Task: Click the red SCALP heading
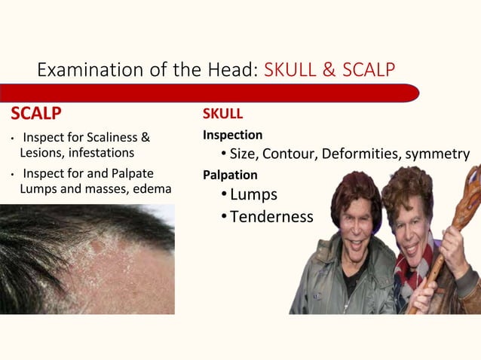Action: [x=35, y=114]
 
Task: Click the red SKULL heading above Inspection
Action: [x=222, y=114]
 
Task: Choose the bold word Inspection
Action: [x=232, y=136]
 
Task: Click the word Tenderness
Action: [x=271, y=217]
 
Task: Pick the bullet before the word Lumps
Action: [x=224, y=195]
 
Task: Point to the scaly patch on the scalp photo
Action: [x=98, y=260]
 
